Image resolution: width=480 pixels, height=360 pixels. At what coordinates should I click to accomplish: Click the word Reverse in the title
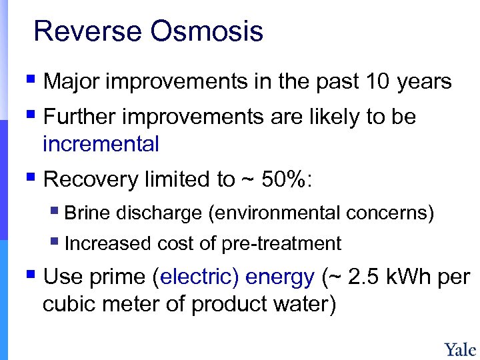tap(87, 31)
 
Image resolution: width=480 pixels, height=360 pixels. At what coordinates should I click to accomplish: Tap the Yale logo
tap(459, 349)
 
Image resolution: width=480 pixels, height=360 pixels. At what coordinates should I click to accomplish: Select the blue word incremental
tap(101, 143)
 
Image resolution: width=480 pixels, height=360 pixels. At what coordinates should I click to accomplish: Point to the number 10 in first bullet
tap(379, 82)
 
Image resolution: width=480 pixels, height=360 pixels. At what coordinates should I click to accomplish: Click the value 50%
tap(277, 179)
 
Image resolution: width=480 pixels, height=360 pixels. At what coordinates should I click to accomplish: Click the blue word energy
tap(279, 276)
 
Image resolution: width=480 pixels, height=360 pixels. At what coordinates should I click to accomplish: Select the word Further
tap(78, 117)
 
